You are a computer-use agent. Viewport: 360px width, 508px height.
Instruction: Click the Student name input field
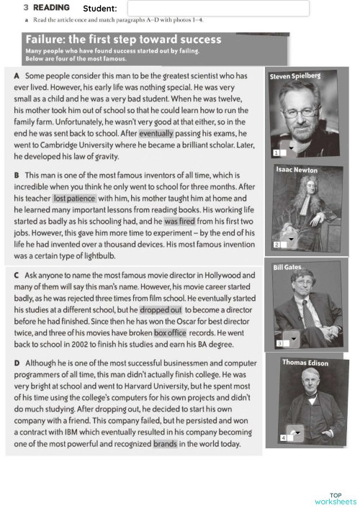click(x=217, y=8)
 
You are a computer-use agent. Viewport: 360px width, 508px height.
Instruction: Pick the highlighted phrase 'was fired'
click(x=180, y=221)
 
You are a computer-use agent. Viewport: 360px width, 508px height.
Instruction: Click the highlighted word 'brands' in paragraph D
click(x=165, y=444)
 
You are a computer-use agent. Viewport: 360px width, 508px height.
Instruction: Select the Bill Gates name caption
click(x=287, y=267)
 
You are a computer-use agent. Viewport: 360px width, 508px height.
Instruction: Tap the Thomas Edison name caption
click(x=305, y=363)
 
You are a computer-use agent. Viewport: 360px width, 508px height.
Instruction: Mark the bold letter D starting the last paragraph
click(x=17, y=363)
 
